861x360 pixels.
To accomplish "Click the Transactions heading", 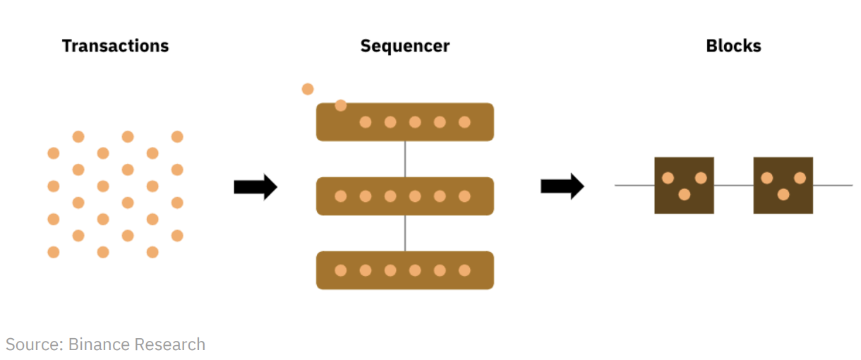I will point(115,47).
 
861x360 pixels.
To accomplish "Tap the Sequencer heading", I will point(404,47).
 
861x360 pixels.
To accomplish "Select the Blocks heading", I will point(733,47).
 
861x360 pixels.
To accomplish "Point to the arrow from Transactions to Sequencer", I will point(255,186).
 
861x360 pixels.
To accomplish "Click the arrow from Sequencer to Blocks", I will point(562,186).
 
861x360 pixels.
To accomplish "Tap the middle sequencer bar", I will point(404,196).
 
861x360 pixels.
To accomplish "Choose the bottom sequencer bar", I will point(404,270).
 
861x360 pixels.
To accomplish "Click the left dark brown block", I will point(684,185).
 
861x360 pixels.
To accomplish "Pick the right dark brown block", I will point(783,185).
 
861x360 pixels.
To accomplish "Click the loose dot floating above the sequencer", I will point(308,89).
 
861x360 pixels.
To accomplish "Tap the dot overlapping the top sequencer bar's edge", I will point(341,106).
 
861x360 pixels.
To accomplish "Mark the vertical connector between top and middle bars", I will point(405,159).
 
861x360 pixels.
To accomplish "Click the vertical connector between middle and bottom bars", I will point(405,233).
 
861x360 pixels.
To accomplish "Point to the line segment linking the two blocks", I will point(733,186).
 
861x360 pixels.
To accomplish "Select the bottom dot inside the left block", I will point(684,194).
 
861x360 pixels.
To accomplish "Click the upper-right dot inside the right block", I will point(800,178).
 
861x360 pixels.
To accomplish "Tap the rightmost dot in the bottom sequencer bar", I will point(464,270).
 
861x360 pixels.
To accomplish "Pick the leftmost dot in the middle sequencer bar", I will point(341,196).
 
